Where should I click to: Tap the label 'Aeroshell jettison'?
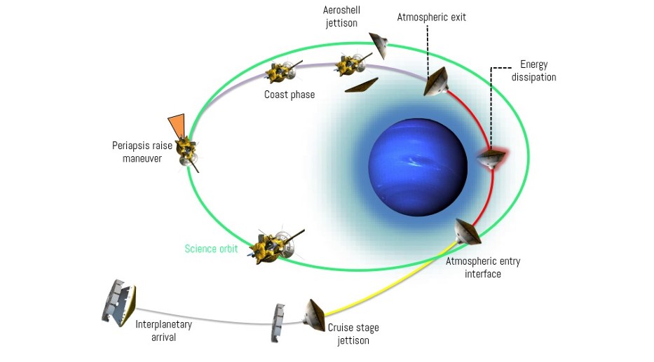coord(341,17)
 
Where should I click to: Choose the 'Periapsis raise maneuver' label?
coord(137,152)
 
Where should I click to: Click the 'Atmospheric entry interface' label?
coord(483,267)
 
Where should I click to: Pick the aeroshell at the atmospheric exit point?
coord(436,83)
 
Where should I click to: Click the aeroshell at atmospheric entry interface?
coord(466,232)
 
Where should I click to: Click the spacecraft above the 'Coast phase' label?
coord(281,71)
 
